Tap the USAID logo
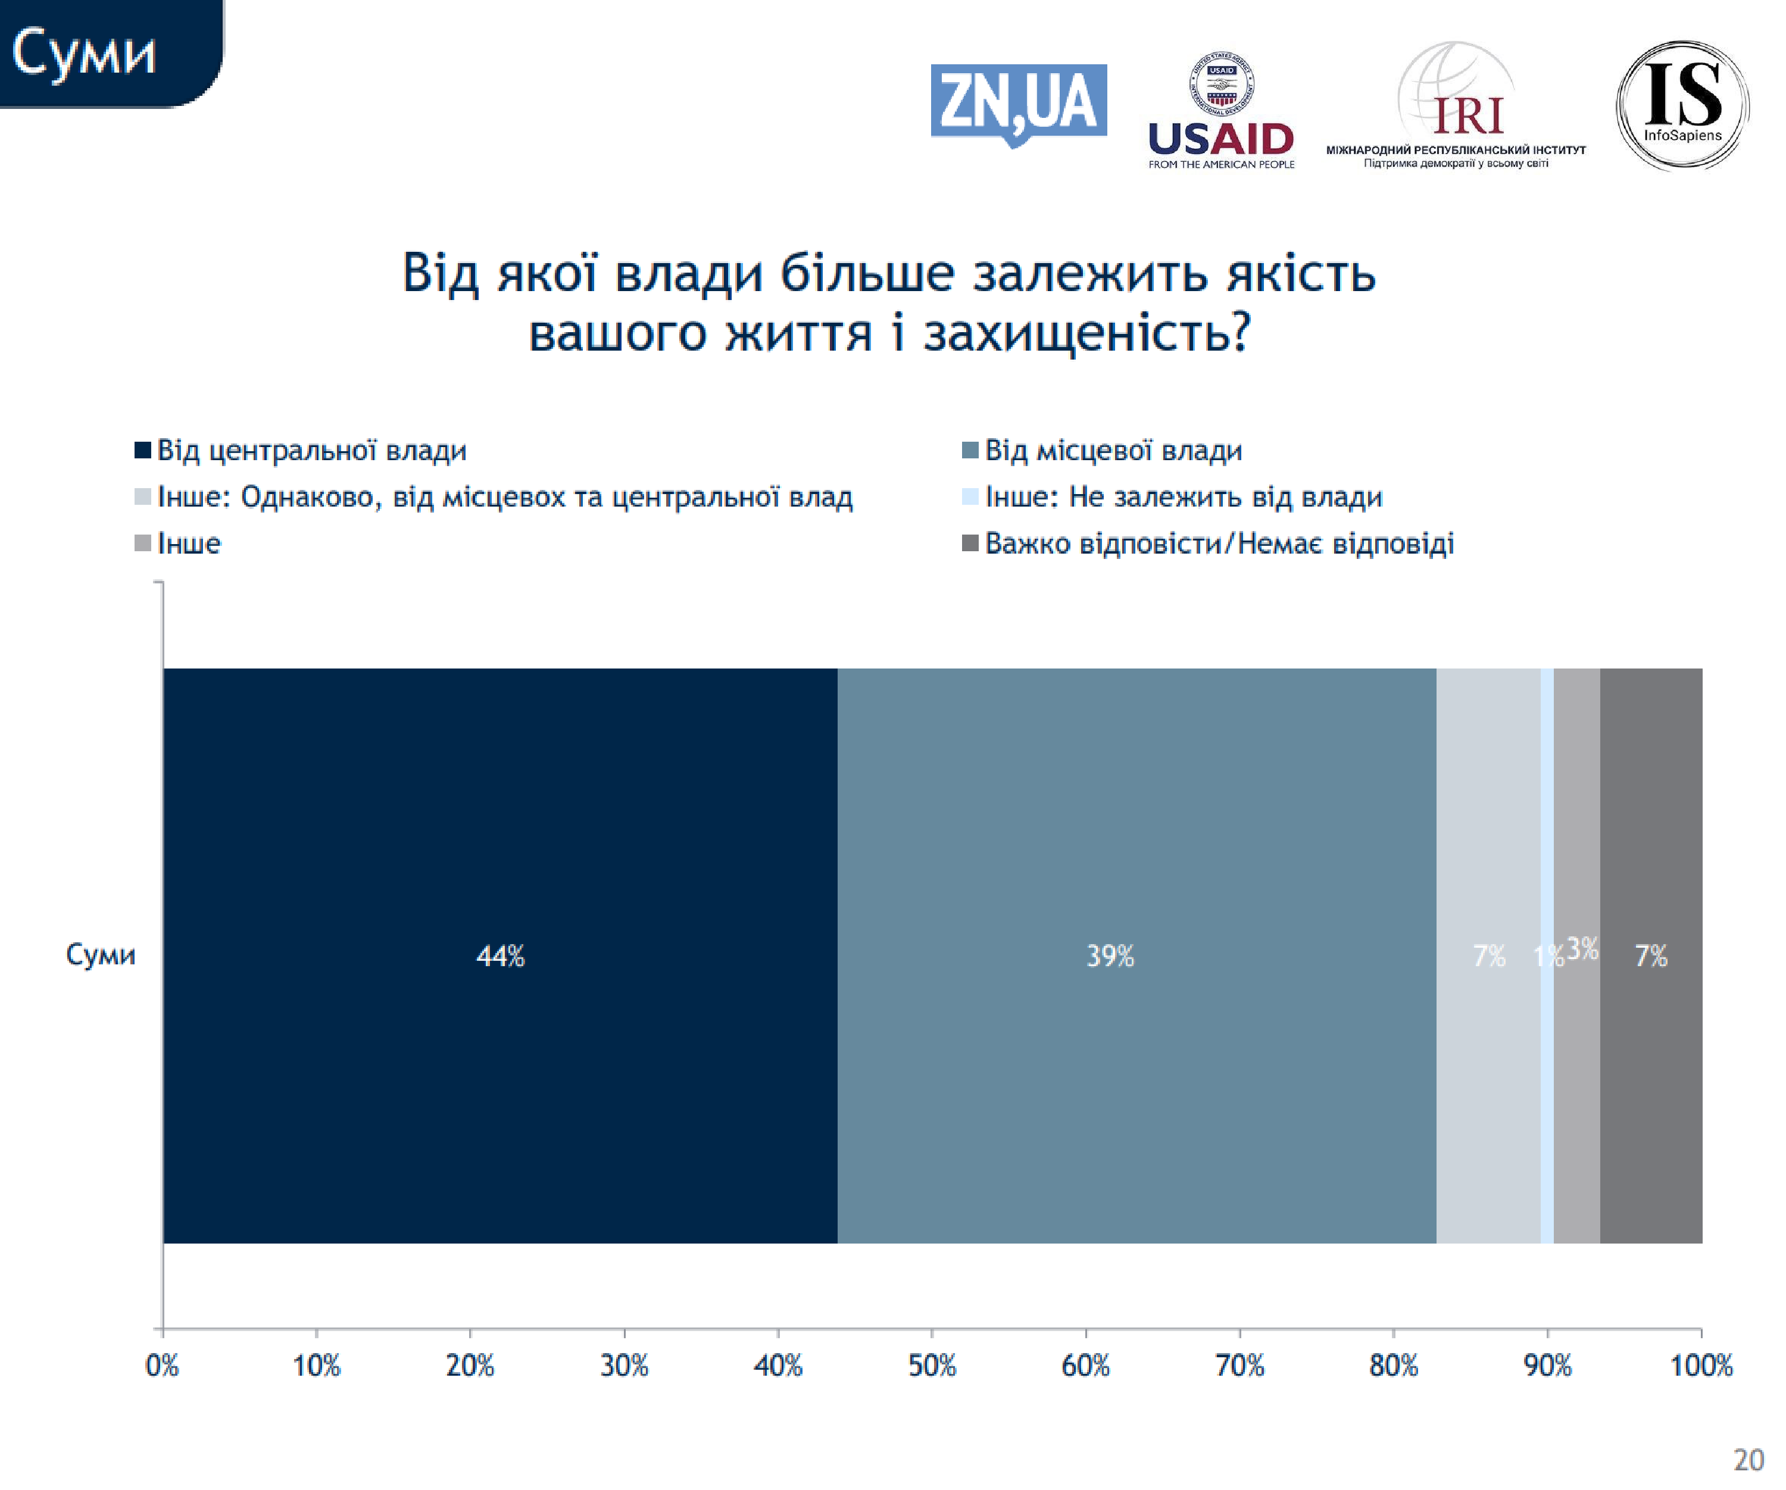pyautogui.click(x=1220, y=111)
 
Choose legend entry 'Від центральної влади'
pyautogui.click(x=311, y=450)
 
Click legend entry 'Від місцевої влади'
pyautogui.click(x=1113, y=450)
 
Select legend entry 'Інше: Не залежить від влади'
pyautogui.click(x=1183, y=496)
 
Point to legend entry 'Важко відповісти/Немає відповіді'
pyautogui.click(x=1219, y=543)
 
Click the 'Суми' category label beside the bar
pyautogui.click(x=101, y=955)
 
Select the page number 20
pyautogui.click(x=1748, y=1460)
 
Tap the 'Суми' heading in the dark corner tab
pyautogui.click(x=84, y=54)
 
